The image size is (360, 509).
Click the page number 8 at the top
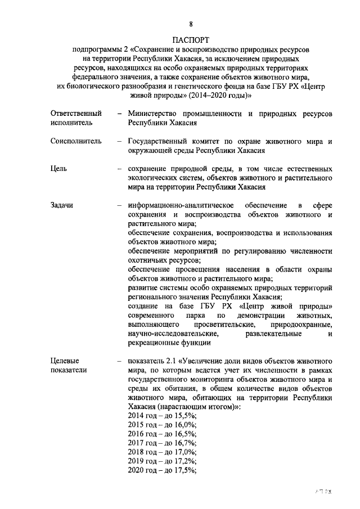191,24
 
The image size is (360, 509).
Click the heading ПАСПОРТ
191,40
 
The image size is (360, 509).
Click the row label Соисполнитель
76,141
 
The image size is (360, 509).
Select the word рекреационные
153,343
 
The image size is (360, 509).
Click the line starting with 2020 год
161,470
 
